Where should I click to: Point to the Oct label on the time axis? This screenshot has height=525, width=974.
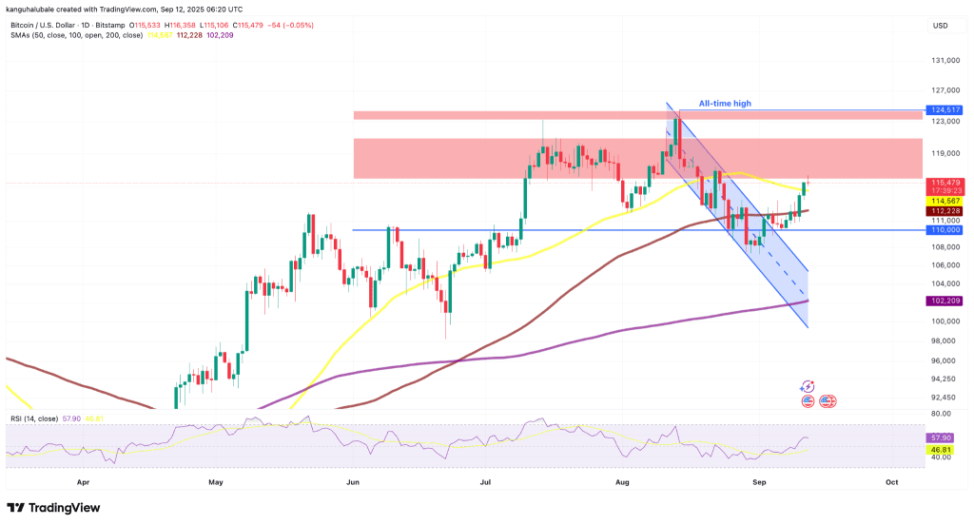891,482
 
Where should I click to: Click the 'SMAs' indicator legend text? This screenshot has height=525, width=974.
19,35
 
